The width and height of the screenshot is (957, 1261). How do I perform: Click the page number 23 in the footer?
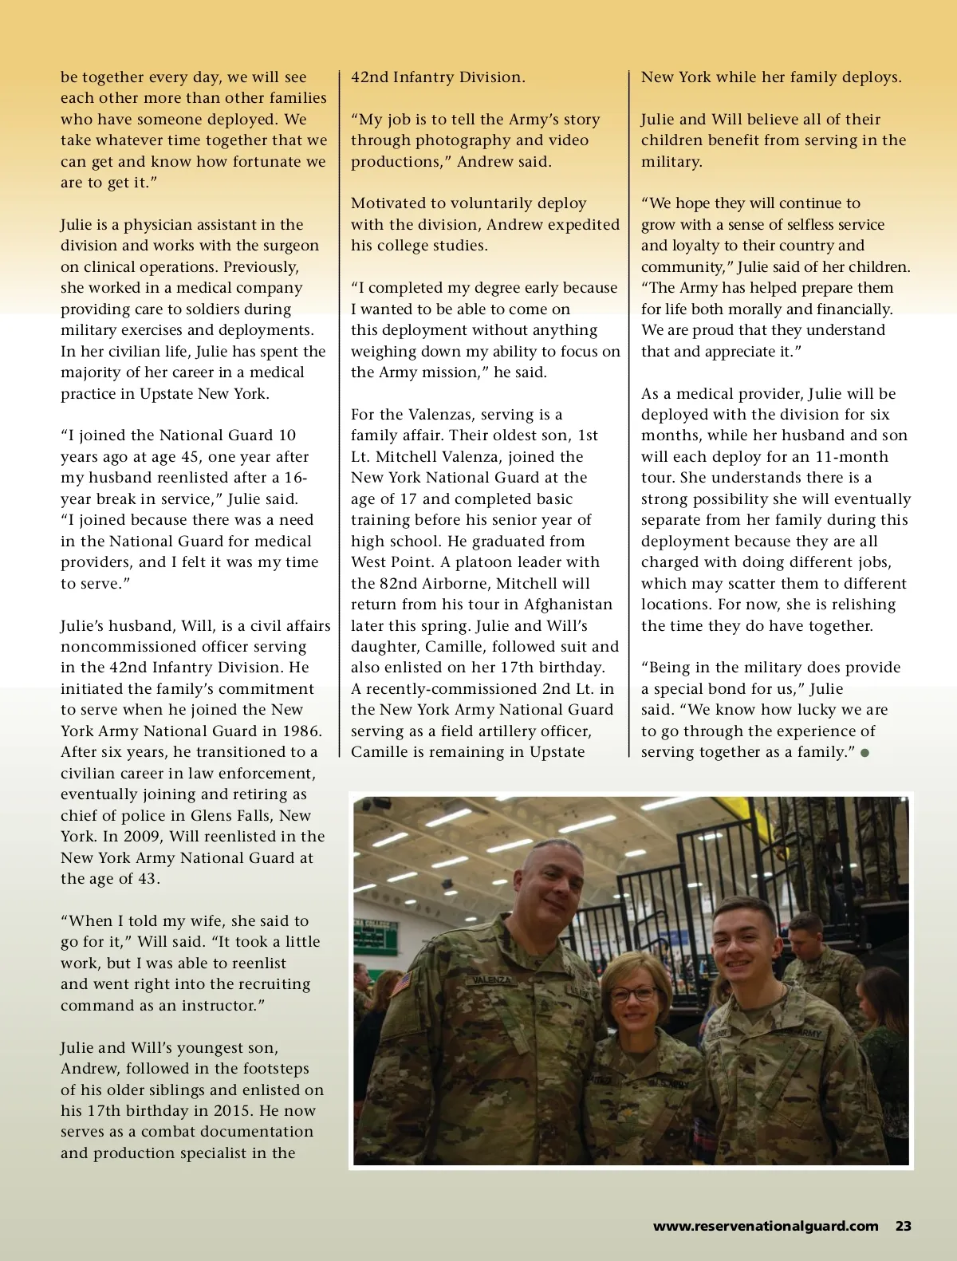[903, 1226]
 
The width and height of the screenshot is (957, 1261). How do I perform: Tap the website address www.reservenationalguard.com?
[766, 1226]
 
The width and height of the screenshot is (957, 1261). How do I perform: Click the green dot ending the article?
[865, 752]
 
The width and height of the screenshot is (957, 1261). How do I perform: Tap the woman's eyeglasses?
[632, 995]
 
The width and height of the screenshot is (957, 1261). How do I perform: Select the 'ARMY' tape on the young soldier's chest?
[808, 1034]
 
